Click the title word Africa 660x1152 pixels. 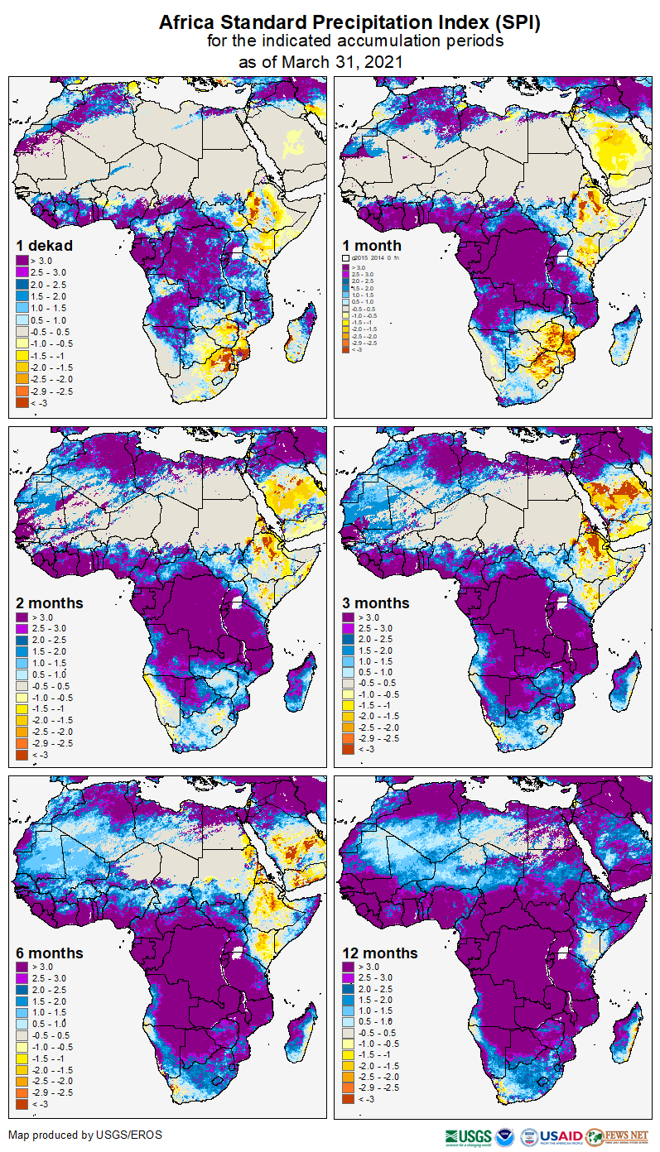point(190,23)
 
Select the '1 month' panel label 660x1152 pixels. point(372,245)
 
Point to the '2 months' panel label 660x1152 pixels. point(50,602)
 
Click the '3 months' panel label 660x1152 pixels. point(376,602)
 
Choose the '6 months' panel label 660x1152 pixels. point(50,953)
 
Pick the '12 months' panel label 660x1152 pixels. point(380,953)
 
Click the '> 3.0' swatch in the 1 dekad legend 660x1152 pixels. point(22,262)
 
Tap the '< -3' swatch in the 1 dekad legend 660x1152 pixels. point(22,401)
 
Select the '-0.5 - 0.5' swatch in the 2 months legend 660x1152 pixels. point(22,686)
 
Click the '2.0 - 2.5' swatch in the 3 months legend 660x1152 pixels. point(349,640)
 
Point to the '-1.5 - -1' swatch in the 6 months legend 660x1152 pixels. point(22,1058)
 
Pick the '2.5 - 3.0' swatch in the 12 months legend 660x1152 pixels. point(349,978)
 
